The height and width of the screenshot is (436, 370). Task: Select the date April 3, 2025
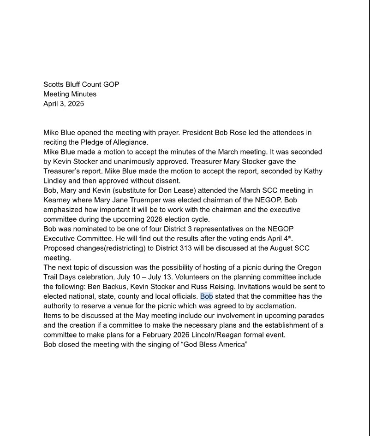coord(64,104)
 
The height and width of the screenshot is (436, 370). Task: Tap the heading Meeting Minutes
coord(70,94)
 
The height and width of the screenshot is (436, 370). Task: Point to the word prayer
coord(168,133)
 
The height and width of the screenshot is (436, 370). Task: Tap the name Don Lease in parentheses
coord(179,190)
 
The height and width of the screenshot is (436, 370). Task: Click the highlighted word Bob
coord(206,296)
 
